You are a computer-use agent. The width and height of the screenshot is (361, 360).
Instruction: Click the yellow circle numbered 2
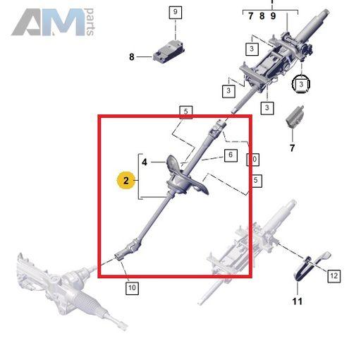tap(126, 181)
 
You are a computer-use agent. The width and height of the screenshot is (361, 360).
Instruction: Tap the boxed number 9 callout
tap(176, 13)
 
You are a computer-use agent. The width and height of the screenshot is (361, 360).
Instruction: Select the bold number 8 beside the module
tap(132, 56)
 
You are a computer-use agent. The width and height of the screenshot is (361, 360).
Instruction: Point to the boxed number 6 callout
tap(231, 155)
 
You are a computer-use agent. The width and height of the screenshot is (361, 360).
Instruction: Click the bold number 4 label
tap(145, 162)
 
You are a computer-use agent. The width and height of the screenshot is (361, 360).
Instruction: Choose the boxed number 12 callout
tap(334, 276)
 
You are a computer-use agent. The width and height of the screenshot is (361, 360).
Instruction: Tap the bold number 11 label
tap(298, 301)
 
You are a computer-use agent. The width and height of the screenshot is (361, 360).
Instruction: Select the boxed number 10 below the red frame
tap(132, 287)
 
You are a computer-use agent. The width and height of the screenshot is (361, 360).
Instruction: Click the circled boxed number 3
tap(301, 84)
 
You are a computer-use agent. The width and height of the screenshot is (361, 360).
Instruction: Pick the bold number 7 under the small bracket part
tap(292, 148)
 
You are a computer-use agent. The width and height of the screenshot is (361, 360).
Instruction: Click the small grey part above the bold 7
tap(295, 116)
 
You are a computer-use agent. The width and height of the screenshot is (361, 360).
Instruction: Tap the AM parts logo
tap(53, 22)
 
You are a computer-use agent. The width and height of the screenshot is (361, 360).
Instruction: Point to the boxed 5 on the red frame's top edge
tap(186, 112)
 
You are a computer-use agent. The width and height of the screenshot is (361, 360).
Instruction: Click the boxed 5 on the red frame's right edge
tap(256, 181)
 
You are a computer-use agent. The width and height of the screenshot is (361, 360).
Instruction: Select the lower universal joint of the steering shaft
tap(129, 250)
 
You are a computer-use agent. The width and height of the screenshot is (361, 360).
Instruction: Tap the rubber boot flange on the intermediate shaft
tap(185, 178)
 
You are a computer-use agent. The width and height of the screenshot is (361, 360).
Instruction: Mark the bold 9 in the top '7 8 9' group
tap(273, 16)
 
